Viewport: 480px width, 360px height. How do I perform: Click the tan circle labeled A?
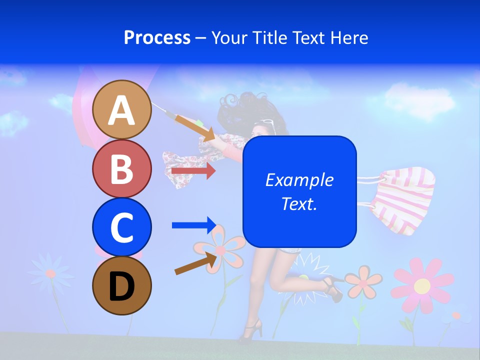pyautogui.click(x=122, y=109)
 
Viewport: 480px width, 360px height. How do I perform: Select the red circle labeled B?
pyautogui.click(x=122, y=168)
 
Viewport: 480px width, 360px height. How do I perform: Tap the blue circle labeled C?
pyautogui.click(x=122, y=227)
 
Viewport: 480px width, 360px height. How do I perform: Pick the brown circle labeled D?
pyautogui.click(x=122, y=285)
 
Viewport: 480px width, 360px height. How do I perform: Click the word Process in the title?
pyautogui.click(x=157, y=37)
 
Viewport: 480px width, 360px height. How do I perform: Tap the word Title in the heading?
pyautogui.click(x=269, y=37)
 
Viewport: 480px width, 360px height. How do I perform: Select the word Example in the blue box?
pyautogui.click(x=299, y=180)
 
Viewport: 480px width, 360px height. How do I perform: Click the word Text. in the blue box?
pyautogui.click(x=299, y=204)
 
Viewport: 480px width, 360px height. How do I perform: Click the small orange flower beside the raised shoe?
pyautogui.click(x=363, y=281)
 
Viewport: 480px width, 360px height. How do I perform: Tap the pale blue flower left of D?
pyautogui.click(x=50, y=273)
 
